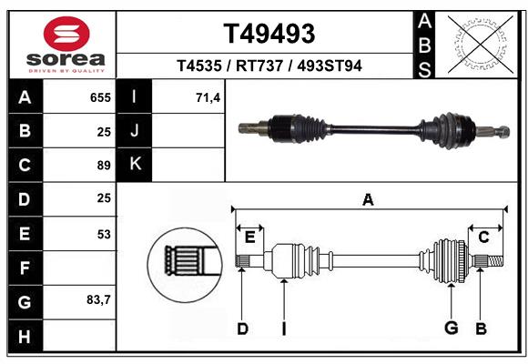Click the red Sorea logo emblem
point(66,34)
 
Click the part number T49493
point(269,34)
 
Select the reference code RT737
point(259,66)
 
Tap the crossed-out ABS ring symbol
point(481,44)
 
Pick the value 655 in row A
point(100,97)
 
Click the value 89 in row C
point(104,166)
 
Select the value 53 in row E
point(104,234)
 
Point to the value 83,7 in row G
point(98,299)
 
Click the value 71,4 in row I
point(208,97)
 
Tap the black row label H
point(25,336)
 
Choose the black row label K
point(134,165)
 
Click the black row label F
point(25,268)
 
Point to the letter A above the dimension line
point(368,200)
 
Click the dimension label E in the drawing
point(249,238)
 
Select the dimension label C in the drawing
point(483,238)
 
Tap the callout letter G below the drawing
point(452,328)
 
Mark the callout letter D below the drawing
point(242,329)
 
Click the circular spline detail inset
point(185,265)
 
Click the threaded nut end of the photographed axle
point(503,131)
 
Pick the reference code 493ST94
point(330,66)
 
